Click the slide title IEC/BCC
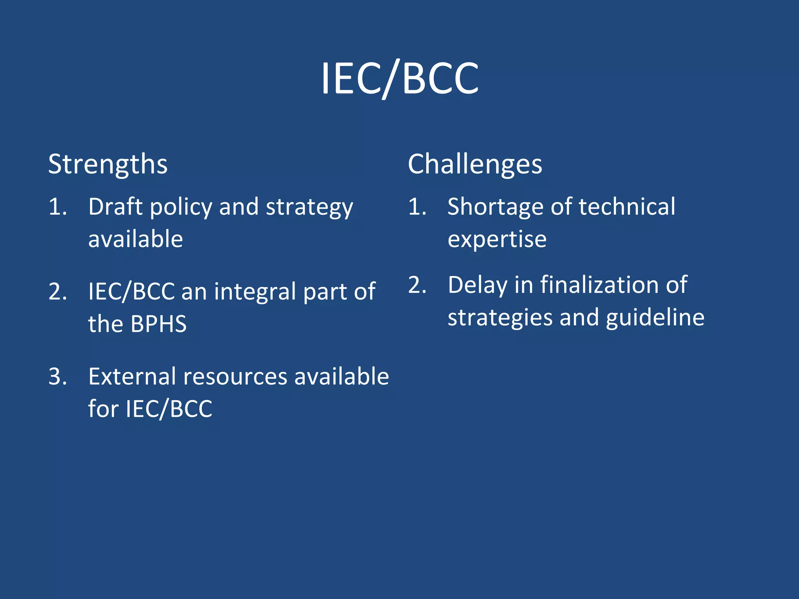tap(399, 79)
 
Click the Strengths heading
tap(108, 164)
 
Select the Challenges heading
tap(475, 164)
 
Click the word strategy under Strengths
tap(309, 207)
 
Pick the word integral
tap(255, 292)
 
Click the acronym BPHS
tap(158, 324)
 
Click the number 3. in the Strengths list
tap(58, 377)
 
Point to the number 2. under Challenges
tap(417, 285)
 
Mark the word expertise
tap(497, 239)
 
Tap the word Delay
tap(477, 285)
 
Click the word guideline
tap(655, 317)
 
